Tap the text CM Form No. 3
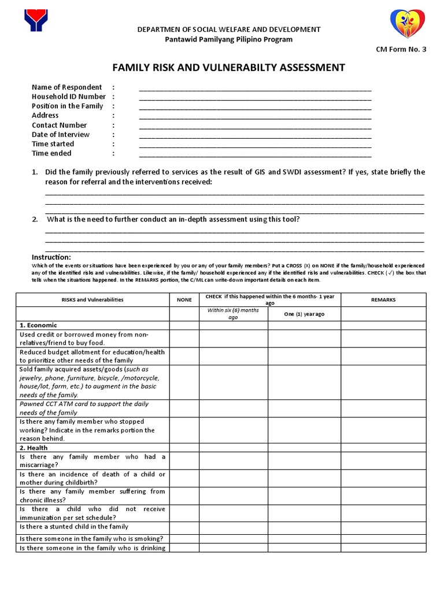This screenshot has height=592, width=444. (x=401, y=50)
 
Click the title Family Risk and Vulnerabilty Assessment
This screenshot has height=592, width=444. (x=225, y=68)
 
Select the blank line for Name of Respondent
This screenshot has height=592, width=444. (x=255, y=88)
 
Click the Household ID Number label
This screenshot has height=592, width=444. (x=69, y=97)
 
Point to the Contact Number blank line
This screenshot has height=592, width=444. (x=255, y=127)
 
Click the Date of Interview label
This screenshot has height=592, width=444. (x=61, y=135)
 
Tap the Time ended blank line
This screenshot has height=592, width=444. (x=255, y=155)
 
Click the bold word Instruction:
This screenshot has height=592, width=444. (x=51, y=257)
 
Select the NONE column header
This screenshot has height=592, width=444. (x=184, y=300)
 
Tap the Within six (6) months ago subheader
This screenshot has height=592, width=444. (x=233, y=314)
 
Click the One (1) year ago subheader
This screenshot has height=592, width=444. (x=304, y=314)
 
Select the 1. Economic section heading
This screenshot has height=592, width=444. (x=39, y=325)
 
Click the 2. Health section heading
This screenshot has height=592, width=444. (x=34, y=447)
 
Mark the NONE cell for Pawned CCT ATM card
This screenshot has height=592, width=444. (x=184, y=408)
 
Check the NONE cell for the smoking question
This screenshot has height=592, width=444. (x=184, y=538)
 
